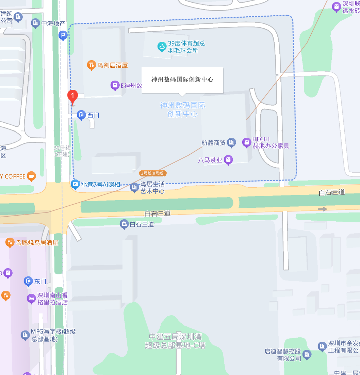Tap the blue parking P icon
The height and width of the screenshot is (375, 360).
(63, 35)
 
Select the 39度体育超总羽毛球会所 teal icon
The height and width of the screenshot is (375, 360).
(162, 47)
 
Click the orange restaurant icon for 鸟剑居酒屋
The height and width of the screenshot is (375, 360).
(91, 65)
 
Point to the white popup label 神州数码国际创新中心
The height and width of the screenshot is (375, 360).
(182, 80)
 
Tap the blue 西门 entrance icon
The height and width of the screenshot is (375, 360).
(81, 115)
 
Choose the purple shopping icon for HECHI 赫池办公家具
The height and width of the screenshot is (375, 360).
(246, 142)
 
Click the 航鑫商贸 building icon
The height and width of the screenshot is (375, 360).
(231, 143)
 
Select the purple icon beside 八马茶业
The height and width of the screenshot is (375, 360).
(229, 159)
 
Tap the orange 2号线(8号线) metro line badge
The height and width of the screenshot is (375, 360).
(153, 173)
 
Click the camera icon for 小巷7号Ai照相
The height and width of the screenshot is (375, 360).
(75, 185)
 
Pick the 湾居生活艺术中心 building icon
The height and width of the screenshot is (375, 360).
(135, 187)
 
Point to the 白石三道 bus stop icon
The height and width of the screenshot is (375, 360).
(124, 224)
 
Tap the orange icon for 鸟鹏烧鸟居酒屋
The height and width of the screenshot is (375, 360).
(10, 242)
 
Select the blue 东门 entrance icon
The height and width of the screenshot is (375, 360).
(28, 281)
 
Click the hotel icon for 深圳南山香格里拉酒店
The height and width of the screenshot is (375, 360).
(31, 299)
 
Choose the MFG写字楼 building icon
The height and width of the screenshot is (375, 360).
(25, 335)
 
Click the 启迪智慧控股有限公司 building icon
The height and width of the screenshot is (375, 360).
(307, 355)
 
